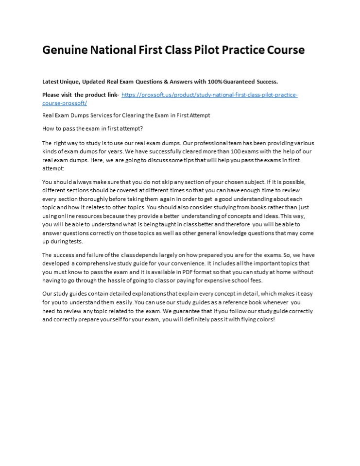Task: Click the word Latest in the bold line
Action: point(51,82)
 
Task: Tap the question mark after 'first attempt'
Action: point(142,129)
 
